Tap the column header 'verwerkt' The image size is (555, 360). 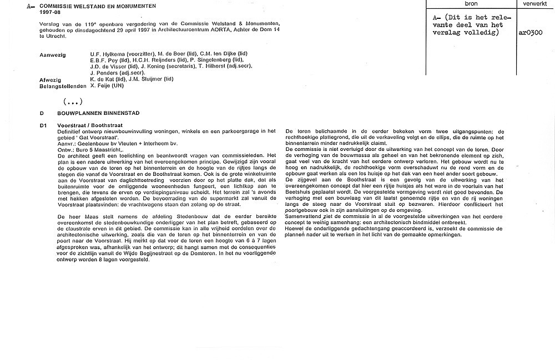click(534, 3)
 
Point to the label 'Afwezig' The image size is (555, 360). click(51, 79)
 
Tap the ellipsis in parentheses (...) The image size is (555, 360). click(73, 101)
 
